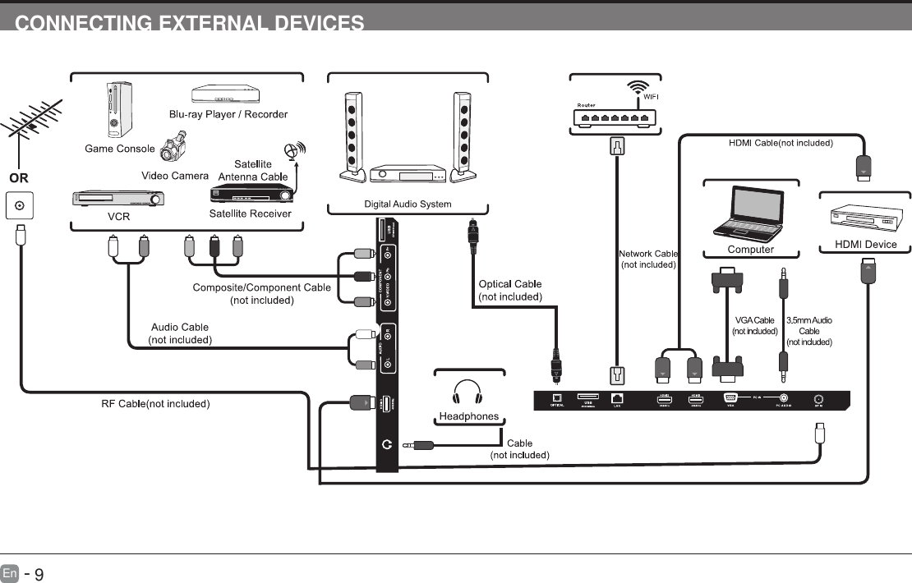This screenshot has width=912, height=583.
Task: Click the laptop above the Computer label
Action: pos(750,212)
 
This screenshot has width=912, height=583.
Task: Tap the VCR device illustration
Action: pos(118,199)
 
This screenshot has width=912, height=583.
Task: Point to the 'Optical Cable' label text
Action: pos(509,284)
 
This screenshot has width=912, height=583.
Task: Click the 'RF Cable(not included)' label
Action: pos(156,403)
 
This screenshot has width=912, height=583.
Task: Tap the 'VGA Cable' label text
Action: pos(754,320)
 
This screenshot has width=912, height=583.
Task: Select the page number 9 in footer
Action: pos(38,572)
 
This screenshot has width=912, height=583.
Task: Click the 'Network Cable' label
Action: pos(647,254)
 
